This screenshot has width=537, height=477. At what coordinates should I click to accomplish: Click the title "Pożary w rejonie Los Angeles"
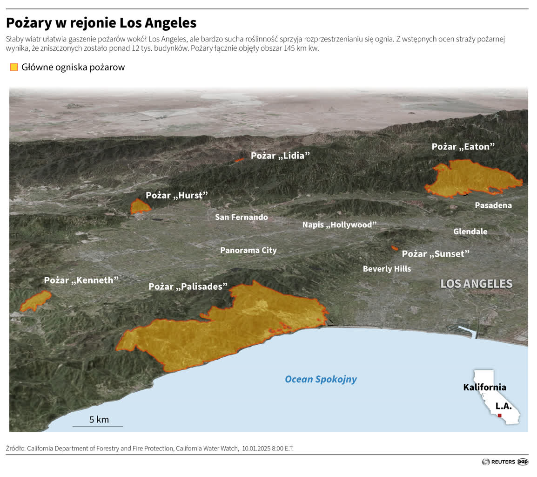click(101, 23)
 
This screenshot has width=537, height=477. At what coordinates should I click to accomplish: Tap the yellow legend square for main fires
click(14, 67)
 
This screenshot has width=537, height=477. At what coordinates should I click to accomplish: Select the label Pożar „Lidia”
click(280, 156)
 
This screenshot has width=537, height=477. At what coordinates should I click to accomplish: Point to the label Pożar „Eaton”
click(463, 147)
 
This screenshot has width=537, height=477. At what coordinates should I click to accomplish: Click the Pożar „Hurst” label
click(176, 195)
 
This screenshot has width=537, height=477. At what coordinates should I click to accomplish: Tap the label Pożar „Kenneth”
click(81, 280)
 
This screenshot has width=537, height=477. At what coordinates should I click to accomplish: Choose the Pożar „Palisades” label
click(188, 286)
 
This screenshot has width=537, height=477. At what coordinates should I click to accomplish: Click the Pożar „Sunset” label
click(436, 254)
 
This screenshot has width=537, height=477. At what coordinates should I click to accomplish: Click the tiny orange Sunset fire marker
click(395, 248)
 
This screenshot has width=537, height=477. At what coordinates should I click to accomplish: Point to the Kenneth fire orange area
click(35, 301)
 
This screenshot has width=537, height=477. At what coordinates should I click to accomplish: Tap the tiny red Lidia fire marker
click(240, 160)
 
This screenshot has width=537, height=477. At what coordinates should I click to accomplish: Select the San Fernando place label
click(241, 217)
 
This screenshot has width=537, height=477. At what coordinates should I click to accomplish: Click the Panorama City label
click(248, 250)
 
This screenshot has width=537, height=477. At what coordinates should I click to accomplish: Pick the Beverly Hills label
click(387, 269)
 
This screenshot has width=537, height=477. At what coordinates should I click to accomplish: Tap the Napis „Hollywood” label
click(339, 225)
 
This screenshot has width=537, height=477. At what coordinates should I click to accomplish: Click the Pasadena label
click(493, 205)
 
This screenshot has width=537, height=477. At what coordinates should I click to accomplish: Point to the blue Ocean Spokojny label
click(321, 379)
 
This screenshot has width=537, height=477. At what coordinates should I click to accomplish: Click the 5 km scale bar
click(97, 426)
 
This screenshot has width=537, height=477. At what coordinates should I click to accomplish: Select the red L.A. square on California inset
click(499, 415)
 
